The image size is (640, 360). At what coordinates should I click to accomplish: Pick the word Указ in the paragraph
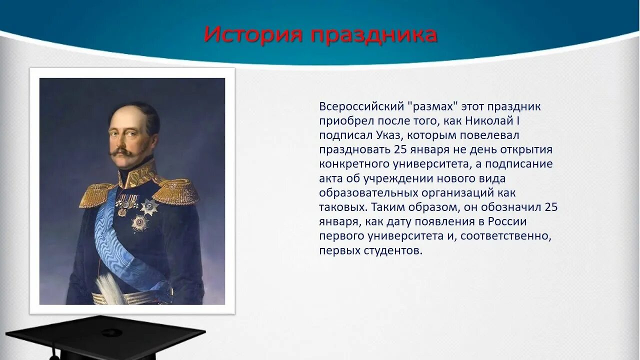[388, 135]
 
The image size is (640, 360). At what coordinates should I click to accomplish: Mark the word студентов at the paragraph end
[393, 250]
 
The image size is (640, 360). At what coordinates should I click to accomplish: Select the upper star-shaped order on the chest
[149, 207]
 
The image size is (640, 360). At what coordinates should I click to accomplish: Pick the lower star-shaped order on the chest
[140, 222]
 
